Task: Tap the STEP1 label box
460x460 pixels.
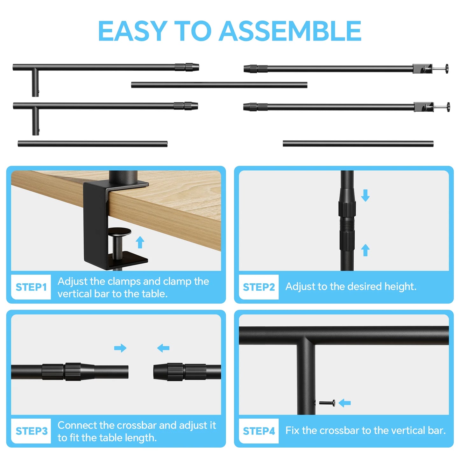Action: tap(31, 287)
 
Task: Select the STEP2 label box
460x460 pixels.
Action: tap(259, 287)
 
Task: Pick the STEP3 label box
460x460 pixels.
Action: tap(31, 431)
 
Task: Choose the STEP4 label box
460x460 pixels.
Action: tap(259, 431)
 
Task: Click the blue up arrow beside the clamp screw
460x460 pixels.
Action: tap(140, 242)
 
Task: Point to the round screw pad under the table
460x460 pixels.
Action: tap(119, 231)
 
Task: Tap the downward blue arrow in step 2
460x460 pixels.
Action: tap(365, 195)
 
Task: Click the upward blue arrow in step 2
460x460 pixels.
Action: tap(365, 250)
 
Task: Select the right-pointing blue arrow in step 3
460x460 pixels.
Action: tap(120, 348)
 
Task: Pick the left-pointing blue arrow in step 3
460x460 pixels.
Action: tap(163, 348)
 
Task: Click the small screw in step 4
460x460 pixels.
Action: tap(327, 403)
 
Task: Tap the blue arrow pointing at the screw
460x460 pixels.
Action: tap(345, 403)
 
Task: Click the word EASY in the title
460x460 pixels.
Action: tap(133, 31)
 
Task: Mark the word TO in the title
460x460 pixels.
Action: tap(193, 31)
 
